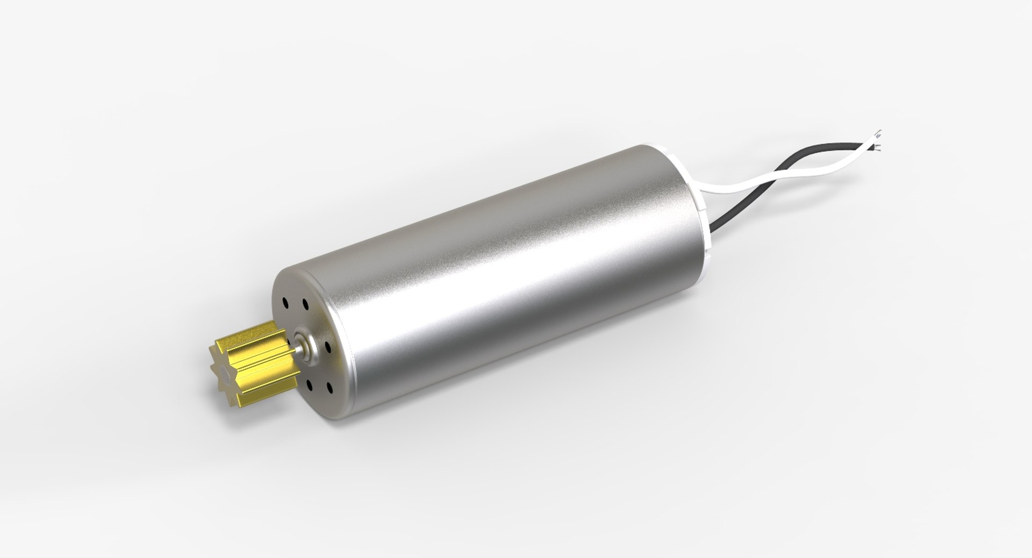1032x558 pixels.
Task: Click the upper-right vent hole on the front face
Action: click(x=305, y=304)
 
